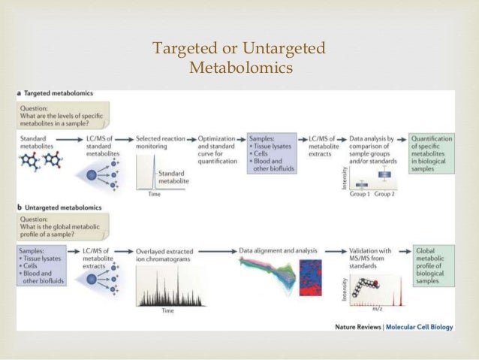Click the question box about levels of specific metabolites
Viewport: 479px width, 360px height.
[x=64, y=113]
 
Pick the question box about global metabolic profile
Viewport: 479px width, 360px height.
[x=64, y=223]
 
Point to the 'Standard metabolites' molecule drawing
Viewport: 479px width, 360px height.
[x=42, y=162]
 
